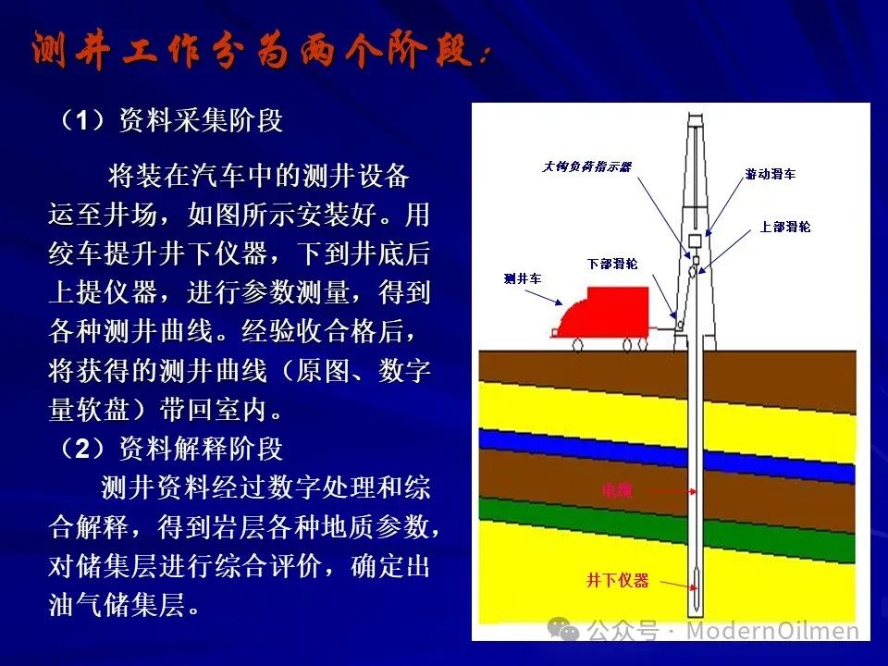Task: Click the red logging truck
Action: coord(603,314)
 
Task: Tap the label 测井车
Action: coord(523,278)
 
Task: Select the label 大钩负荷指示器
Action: coord(586,166)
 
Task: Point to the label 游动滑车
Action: coord(771,175)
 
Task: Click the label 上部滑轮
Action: coord(785,228)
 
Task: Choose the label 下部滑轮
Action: coord(612,264)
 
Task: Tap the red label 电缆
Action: coord(617,490)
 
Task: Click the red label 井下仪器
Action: coord(617,581)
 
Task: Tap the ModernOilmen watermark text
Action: coord(772,630)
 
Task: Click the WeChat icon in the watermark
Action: coord(563,629)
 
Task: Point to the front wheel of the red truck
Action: coord(577,344)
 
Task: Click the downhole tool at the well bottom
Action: coord(695,586)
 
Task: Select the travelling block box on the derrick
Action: coord(695,240)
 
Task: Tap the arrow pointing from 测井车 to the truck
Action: coord(544,298)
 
